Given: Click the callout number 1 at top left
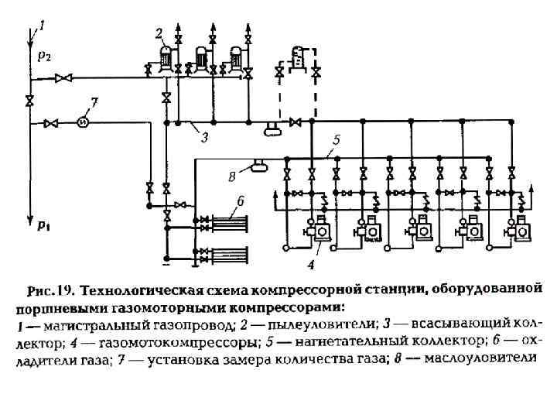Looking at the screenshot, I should click(x=42, y=26).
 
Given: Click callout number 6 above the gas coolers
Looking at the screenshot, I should click(x=241, y=200).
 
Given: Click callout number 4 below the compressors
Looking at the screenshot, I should click(x=311, y=265).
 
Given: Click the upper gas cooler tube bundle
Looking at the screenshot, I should click(x=229, y=222).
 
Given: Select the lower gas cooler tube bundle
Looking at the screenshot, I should click(x=229, y=252).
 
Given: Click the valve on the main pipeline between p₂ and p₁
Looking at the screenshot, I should click(x=29, y=101).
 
